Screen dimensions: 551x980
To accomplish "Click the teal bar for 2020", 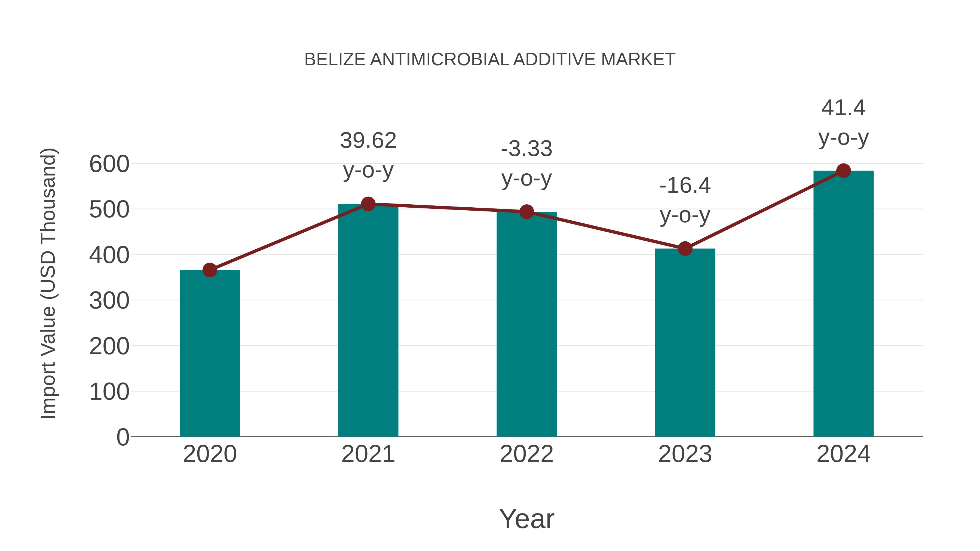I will tap(210, 354).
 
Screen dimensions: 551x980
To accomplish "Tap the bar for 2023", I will tap(685, 342).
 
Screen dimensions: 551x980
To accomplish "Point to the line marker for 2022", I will tap(526, 212).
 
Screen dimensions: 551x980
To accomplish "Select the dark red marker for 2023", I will tap(685, 249).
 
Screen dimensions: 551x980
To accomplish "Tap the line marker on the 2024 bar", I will tap(843, 171).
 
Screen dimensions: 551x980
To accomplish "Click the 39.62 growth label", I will tap(368, 140).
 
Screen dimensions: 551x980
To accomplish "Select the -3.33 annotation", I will tap(526, 149).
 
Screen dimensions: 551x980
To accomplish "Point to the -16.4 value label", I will tap(685, 186).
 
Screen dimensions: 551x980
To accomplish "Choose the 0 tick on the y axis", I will tap(122, 437).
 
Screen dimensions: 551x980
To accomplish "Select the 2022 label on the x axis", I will tap(526, 454).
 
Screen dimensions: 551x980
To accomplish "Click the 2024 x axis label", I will tap(843, 454).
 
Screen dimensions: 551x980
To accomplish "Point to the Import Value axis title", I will tap(49, 283).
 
